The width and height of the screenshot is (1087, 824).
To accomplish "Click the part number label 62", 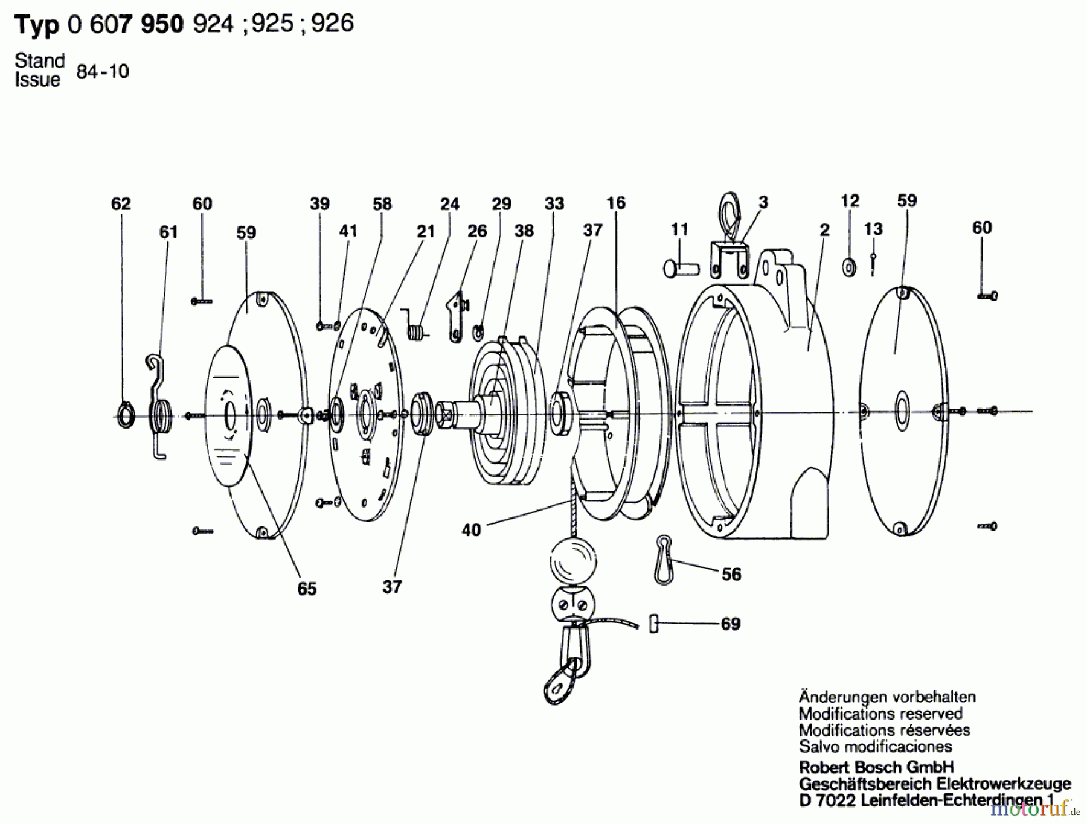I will point(121,204).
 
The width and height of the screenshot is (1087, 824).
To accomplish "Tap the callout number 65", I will point(307,589).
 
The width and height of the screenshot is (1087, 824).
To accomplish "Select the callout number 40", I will point(471,530).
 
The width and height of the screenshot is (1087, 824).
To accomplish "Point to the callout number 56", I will point(731,574).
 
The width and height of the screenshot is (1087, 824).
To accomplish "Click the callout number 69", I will point(731,624).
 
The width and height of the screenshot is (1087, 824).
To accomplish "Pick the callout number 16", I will point(616,203).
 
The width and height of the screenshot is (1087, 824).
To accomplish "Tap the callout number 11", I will point(679,229).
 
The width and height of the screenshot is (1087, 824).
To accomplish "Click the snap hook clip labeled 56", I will point(663,558).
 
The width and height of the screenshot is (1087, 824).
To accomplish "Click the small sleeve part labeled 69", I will point(653,624).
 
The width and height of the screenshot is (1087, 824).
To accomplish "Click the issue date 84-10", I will point(103,72).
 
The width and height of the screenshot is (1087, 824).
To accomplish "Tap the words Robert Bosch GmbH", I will point(876,767).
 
